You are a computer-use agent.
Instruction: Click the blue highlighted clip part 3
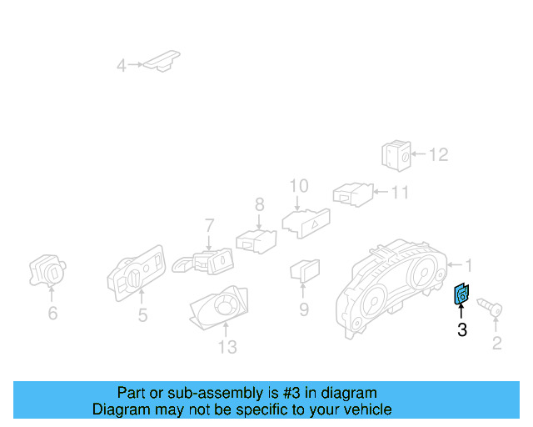point(461,294)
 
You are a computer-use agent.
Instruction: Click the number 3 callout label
point(462,330)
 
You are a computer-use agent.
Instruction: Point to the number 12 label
point(438,154)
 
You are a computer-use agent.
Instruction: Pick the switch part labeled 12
point(395,154)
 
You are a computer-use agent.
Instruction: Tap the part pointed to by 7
point(204,262)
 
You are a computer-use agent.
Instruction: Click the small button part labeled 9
point(304,270)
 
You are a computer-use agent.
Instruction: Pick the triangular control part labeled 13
point(220,310)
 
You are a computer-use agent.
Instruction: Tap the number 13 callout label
point(227,346)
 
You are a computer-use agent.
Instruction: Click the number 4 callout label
point(122,65)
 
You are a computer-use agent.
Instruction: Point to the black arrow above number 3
point(461,313)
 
